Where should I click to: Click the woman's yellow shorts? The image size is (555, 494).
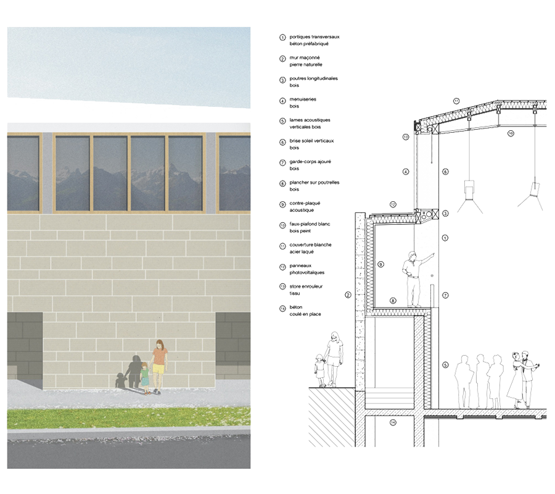click(159, 369)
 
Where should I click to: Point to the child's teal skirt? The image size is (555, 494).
click(145, 381)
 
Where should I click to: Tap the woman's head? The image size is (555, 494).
click(160, 345)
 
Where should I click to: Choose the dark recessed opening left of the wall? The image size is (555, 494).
click(25, 346)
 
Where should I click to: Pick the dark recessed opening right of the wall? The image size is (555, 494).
click(232, 346)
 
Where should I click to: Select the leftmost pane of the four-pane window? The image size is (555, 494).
click(73, 173)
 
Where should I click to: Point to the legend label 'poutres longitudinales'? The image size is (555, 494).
click(313, 79)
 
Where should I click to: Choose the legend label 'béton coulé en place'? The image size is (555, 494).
click(308, 310)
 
